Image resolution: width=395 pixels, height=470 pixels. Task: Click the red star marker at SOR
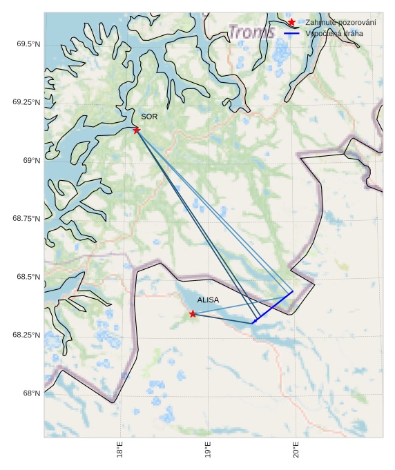coord(137,130)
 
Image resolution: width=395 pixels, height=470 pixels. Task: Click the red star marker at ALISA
coord(193,314)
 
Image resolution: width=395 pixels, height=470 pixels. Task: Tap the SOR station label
coord(149,117)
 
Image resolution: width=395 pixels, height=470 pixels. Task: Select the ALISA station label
coord(208,300)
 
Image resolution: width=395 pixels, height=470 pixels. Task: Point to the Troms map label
coord(251,32)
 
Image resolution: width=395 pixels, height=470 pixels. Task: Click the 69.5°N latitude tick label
coord(27,44)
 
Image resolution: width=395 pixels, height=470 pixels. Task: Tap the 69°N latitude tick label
coord(32,160)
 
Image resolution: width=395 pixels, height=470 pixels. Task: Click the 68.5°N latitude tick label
coord(27,277)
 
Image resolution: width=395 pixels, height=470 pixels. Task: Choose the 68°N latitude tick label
coord(32,393)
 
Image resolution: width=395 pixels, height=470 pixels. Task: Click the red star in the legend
coord(292,23)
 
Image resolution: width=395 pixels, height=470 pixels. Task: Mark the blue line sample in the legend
coord(292,33)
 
